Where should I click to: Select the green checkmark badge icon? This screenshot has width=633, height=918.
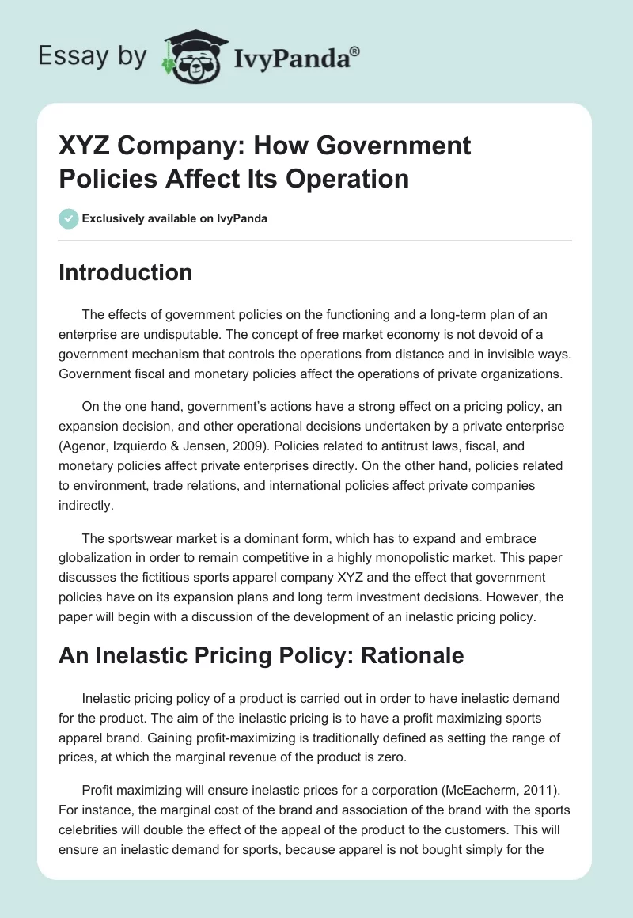(68, 218)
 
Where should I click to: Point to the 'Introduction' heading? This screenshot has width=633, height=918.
(126, 272)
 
